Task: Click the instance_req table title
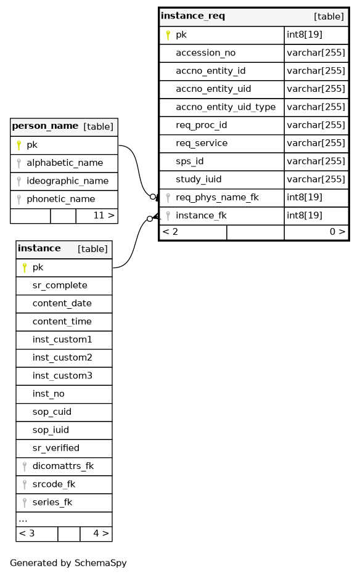pos(193,16)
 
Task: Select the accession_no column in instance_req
pos(205,53)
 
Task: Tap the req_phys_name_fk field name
pos(217,197)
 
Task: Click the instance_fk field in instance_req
pos(201,216)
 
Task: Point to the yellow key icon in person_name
pos(18,145)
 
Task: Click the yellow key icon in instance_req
pos(168,35)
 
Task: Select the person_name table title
pos(45,126)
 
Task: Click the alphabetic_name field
pos(65,163)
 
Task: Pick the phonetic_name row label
pos(60,199)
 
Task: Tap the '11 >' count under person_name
pos(104,215)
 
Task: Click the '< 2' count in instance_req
pos(170,232)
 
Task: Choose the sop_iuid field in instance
pos(51,430)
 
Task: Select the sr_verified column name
pos(55,448)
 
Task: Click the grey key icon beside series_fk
pos(25,503)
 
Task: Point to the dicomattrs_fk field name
pos(63,466)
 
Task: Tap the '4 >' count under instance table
pos(101,533)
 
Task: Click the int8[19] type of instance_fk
pos(305,216)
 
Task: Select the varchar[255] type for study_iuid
pos(316,179)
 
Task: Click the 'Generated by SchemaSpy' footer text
pos(68,563)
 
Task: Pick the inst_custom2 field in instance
pos(62,357)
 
